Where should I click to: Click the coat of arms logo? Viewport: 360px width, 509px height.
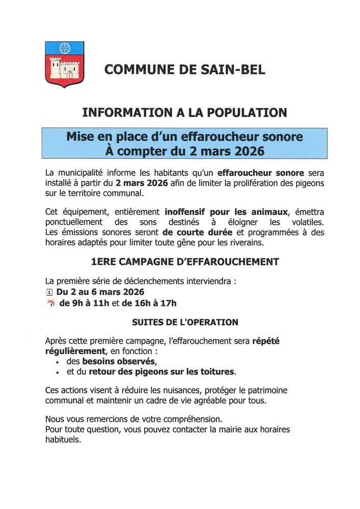coord(65,64)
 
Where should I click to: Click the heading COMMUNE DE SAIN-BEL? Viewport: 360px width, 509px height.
coord(184,70)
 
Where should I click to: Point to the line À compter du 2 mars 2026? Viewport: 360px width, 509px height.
coord(184,151)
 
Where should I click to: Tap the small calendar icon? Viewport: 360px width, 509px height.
coord(49,292)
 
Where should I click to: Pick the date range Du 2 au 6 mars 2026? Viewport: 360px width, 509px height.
coord(100,292)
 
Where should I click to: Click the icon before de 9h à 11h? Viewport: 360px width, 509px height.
coord(50,304)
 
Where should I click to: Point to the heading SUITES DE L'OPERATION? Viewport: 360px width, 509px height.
coord(184,322)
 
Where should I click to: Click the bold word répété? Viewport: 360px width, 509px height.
coord(266,341)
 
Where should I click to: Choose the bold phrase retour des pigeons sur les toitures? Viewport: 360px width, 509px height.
coord(162,372)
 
